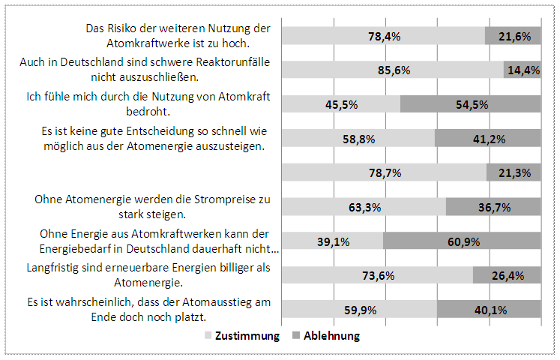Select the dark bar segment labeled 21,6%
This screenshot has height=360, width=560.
point(514,36)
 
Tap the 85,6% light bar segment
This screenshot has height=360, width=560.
point(394,70)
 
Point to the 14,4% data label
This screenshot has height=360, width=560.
point(523,70)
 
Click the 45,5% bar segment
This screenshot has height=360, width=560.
point(341,104)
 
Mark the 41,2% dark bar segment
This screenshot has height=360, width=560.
point(488,139)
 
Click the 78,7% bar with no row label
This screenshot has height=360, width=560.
point(385,173)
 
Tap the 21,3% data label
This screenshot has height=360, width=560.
point(514,173)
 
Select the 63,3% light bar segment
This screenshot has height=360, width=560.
point(364,208)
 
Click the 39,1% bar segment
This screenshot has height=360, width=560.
point(333,241)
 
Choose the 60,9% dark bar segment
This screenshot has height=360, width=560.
point(462,241)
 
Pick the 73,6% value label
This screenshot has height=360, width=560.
point(379,276)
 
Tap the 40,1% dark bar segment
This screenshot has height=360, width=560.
point(489,310)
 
